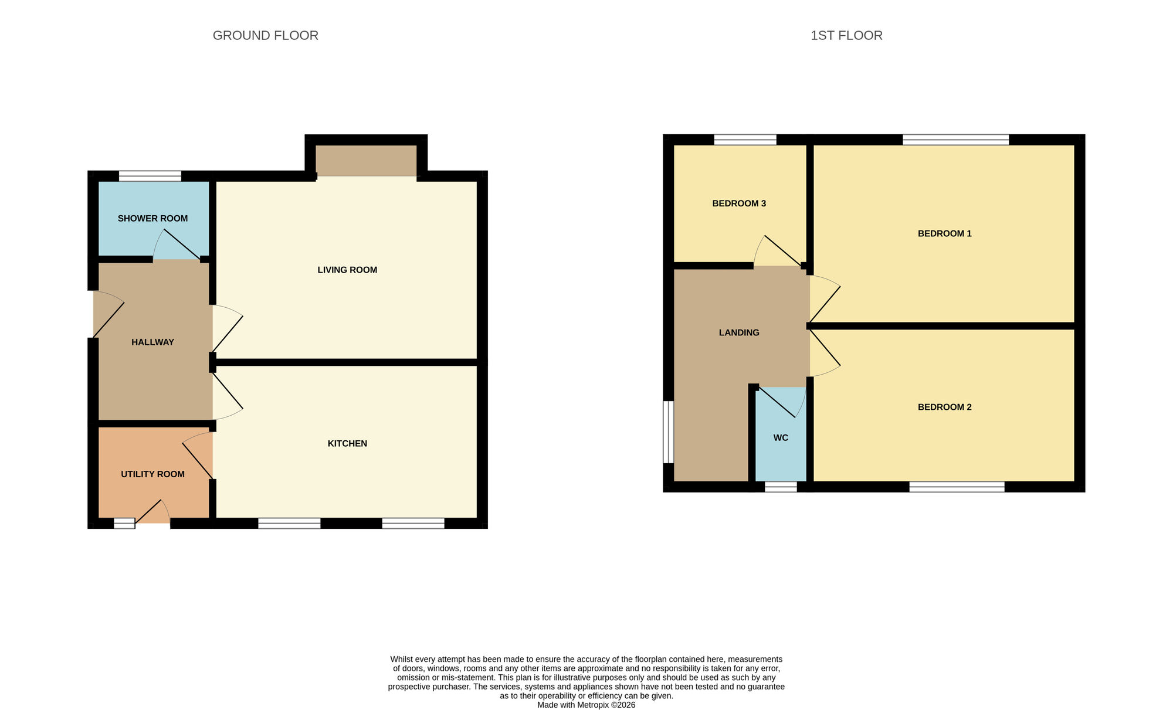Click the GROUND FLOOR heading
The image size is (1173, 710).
point(265,36)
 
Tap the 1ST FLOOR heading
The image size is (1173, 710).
point(846,36)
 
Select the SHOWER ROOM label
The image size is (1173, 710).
point(152,219)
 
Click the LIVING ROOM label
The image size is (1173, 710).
point(347,270)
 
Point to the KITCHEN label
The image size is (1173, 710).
point(347,444)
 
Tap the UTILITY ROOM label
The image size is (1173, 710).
point(152,474)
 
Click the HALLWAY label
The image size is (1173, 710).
point(152,342)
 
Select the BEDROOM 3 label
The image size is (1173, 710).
point(739,203)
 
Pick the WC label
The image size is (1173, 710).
point(781,438)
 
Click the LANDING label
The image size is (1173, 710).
point(739,333)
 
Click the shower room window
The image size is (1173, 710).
point(150,176)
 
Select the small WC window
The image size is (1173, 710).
point(781,487)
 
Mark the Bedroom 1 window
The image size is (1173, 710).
point(955,140)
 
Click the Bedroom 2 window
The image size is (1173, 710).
point(957,487)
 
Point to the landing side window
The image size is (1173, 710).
point(669,432)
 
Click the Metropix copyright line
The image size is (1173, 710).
point(586,705)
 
